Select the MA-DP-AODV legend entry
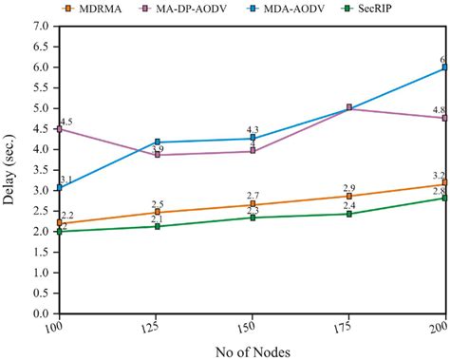202,9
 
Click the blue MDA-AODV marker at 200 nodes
445,68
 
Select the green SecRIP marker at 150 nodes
253,218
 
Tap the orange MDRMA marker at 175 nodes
349,196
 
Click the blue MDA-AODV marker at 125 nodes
156,142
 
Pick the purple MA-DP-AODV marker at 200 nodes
445,118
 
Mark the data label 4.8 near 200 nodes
439,110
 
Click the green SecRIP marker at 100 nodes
59,231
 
